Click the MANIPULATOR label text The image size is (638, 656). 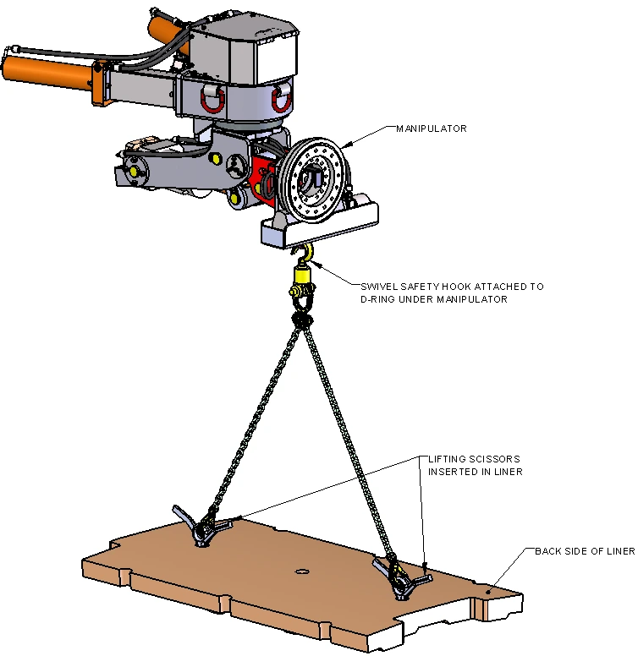(x=432, y=128)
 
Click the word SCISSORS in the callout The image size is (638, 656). (x=495, y=459)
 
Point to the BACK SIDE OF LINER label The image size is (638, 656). (x=585, y=551)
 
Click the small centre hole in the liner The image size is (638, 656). (x=301, y=571)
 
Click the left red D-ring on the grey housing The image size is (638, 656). (x=212, y=99)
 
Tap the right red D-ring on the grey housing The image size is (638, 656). (x=281, y=100)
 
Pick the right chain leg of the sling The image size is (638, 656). (x=349, y=440)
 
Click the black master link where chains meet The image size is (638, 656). (x=302, y=320)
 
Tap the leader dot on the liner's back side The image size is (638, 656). (x=488, y=592)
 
